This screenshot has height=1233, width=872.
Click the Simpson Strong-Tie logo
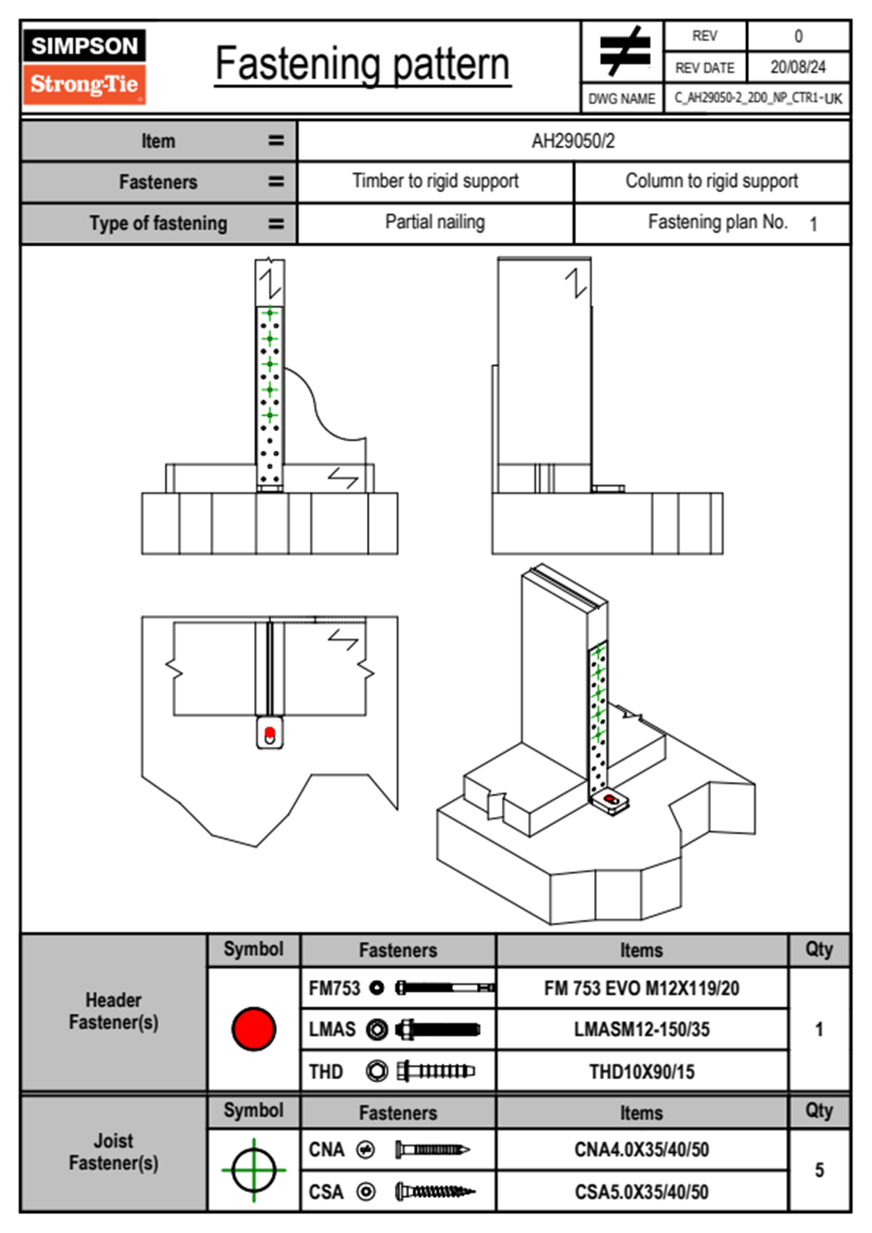[x=84, y=66]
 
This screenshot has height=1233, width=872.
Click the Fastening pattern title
[x=362, y=65]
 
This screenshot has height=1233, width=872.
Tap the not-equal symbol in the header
[x=624, y=51]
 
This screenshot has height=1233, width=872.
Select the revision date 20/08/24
[x=797, y=67]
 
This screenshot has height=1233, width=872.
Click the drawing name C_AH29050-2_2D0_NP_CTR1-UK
[x=758, y=98]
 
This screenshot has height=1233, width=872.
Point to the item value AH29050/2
[x=573, y=141]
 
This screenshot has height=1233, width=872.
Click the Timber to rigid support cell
[x=435, y=181]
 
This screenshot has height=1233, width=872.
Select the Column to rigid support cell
[x=712, y=181]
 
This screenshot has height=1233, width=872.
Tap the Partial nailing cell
[x=435, y=222]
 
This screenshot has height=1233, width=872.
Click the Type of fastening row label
[x=158, y=224]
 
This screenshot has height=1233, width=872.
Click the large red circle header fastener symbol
[x=254, y=1028]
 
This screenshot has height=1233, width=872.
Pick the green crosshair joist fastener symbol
[x=254, y=1170]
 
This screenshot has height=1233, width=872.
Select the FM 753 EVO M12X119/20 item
[x=641, y=988]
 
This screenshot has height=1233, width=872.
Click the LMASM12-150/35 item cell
[x=641, y=1029]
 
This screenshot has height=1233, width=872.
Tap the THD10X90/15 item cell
[x=641, y=1072]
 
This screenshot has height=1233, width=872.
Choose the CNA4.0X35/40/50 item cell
[x=641, y=1149]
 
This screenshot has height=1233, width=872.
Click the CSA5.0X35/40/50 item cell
[x=641, y=1192]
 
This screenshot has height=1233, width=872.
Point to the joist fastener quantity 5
[x=819, y=1170]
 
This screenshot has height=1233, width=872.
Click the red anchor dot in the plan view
[x=269, y=732]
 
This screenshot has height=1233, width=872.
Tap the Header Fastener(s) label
[x=114, y=1011]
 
